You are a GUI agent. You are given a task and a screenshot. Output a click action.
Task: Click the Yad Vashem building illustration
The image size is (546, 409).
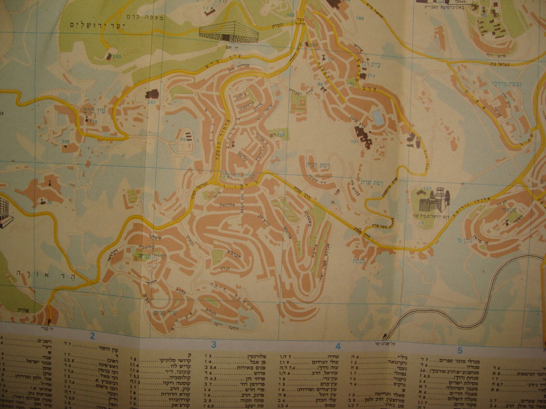(x=229, y=31)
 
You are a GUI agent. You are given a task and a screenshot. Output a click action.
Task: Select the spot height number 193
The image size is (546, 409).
(x=117, y=56)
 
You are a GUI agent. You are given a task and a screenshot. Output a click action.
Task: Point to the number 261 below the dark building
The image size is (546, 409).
(x=152, y=102)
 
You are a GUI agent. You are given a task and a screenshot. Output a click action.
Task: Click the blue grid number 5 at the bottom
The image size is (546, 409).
(x=460, y=351)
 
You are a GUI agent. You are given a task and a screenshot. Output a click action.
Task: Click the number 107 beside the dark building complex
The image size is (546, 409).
(x=354, y=142)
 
